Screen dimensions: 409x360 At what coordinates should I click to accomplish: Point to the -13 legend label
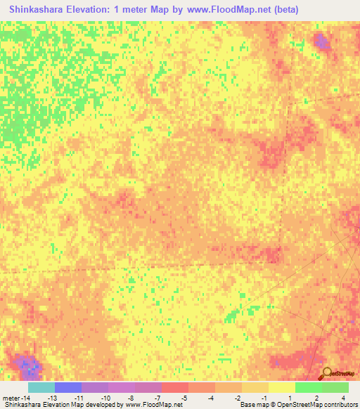(x=51, y=397)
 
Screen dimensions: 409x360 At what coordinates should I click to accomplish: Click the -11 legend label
(x=79, y=397)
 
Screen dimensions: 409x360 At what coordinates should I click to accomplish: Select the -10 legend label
(x=105, y=397)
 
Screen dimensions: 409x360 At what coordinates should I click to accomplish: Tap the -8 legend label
(x=131, y=397)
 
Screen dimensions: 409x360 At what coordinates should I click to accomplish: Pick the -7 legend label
(x=158, y=397)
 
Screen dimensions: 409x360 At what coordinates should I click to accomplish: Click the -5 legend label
(x=185, y=397)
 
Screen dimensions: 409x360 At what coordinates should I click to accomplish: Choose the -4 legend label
(x=212, y=397)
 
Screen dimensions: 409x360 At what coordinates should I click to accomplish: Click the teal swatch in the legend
(x=41, y=387)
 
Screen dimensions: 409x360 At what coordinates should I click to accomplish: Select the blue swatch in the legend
(x=68, y=387)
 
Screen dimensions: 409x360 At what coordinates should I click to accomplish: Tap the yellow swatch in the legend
(x=281, y=387)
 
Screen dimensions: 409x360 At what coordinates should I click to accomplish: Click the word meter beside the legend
(x=12, y=397)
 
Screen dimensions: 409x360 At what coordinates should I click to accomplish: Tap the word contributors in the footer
(x=340, y=405)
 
